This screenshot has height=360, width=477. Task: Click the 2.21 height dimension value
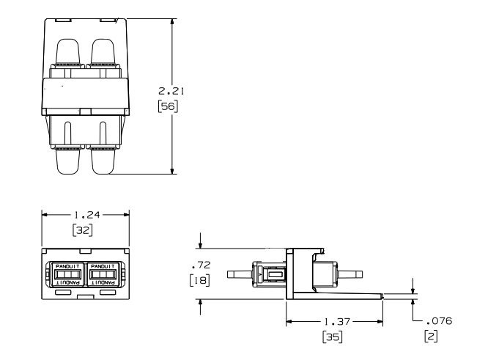pyautogui.click(x=171, y=91)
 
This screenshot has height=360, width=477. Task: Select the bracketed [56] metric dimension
pyautogui.click(x=168, y=106)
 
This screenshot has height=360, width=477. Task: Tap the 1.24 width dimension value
pyautogui.click(x=87, y=215)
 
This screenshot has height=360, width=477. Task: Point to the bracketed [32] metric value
pyautogui.click(x=83, y=230)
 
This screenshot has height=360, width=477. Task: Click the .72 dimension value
pyautogui.click(x=201, y=265)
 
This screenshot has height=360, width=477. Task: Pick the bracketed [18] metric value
pyautogui.click(x=199, y=280)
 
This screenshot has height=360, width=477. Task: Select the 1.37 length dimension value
pyautogui.click(x=337, y=321)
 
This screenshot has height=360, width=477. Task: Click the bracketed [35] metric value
pyautogui.click(x=332, y=337)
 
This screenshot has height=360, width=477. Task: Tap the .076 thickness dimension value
pyautogui.click(x=439, y=320)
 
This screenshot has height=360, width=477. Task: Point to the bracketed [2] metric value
pyautogui.click(x=431, y=336)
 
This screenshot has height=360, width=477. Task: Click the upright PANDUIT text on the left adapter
pyautogui.click(x=67, y=266)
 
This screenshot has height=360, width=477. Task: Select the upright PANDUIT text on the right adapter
pyautogui.click(x=103, y=266)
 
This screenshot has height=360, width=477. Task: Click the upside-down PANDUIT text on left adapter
pyautogui.click(x=67, y=282)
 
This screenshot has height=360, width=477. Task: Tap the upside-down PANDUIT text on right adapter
pyautogui.click(x=103, y=282)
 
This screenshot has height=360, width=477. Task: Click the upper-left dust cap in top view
pyautogui.click(x=68, y=51)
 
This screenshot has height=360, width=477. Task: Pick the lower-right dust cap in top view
pyautogui.click(x=103, y=161)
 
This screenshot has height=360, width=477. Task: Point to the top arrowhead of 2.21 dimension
pyautogui.click(x=172, y=22)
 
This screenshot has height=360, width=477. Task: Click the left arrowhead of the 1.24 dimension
pyautogui.click(x=45, y=215)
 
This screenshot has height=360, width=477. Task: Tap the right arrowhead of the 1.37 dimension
pyautogui.click(x=380, y=322)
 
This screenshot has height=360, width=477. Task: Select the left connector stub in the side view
pyautogui.click(x=240, y=274)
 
